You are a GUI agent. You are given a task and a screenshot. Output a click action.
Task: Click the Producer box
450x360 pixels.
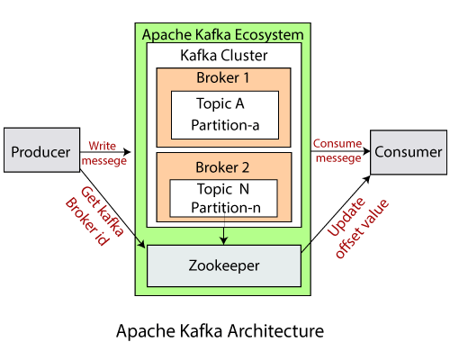click(40, 151)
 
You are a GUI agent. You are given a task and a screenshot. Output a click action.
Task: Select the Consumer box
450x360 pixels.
click(408, 151)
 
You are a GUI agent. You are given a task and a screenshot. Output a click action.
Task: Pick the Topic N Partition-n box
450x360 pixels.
click(223, 199)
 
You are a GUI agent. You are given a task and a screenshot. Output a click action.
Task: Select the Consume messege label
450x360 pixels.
click(337, 151)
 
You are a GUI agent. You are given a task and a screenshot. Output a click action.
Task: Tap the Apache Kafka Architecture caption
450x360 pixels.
click(220, 331)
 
